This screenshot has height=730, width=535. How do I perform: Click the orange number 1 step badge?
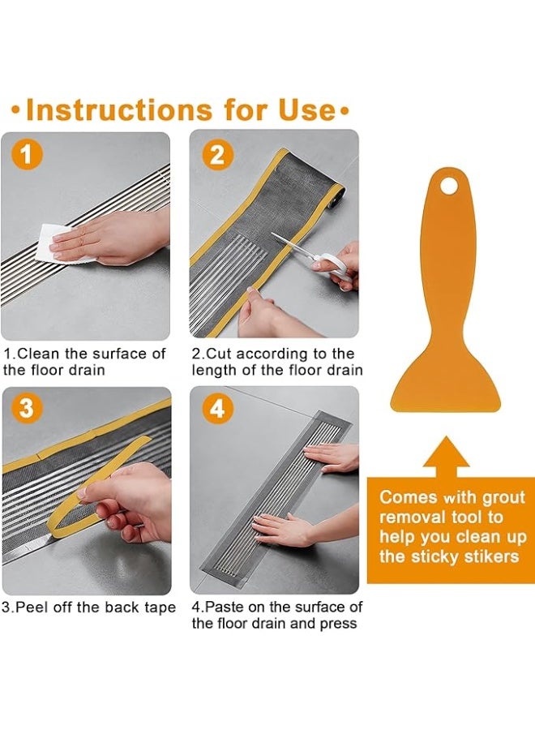(28, 154)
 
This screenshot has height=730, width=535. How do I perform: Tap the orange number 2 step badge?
(216, 153)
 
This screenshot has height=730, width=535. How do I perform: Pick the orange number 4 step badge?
(216, 410)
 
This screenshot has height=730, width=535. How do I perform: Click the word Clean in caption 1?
(36, 354)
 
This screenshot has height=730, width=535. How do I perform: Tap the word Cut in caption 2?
(220, 354)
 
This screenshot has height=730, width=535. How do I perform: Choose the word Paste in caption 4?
(228, 608)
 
